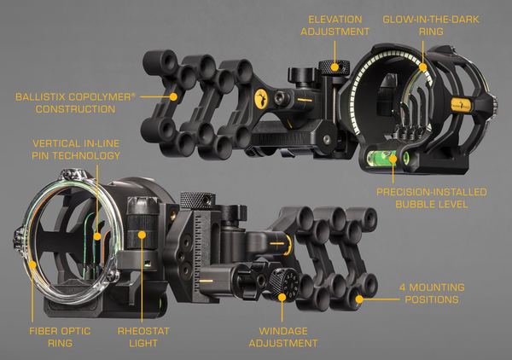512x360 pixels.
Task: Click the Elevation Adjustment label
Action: click(335, 26)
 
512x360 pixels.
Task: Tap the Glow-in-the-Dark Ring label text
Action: click(431, 26)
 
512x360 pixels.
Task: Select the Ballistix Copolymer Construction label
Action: click(75, 103)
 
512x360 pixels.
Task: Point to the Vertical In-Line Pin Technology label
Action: click(76, 149)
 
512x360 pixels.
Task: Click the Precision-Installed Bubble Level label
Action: click(432, 198)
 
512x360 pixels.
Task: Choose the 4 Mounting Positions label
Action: click(432, 293)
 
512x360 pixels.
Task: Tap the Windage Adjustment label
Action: click(283, 337)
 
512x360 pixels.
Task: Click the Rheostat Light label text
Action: click(143, 337)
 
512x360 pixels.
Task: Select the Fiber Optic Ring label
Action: click(60, 337)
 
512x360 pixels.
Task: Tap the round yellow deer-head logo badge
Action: click(261, 99)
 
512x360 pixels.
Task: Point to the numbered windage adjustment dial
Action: click(283, 284)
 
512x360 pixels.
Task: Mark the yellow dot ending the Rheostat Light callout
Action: click(142, 235)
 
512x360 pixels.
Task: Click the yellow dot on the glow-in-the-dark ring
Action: click(423, 67)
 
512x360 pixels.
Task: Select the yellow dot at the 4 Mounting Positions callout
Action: click(359, 299)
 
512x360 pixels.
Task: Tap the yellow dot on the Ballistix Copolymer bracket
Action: click(173, 97)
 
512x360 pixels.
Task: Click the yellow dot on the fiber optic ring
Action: click(32, 264)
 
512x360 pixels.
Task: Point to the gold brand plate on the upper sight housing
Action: click(461, 105)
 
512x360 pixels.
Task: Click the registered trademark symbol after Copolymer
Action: click(133, 95)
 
